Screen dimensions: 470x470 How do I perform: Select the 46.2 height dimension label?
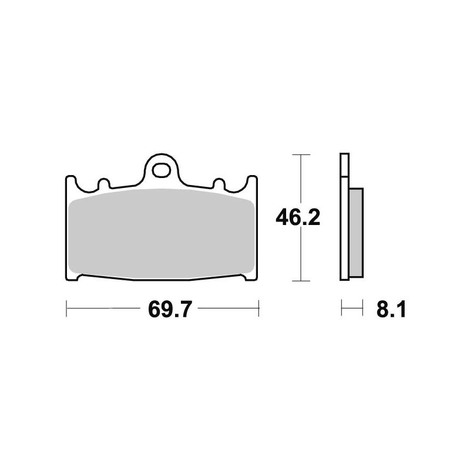click(298, 218)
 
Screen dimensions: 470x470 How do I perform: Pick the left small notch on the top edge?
click(104, 183)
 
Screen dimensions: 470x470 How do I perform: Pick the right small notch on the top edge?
click(218, 183)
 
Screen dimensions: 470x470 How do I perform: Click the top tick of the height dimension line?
click(301, 155)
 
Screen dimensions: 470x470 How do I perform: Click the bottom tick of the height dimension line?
click(301, 281)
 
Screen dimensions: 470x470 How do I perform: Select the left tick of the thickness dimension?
click(342, 307)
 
